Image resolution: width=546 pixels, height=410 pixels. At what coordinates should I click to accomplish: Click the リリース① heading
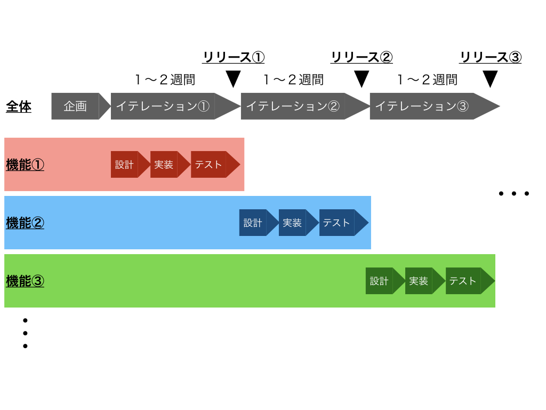tap(233, 57)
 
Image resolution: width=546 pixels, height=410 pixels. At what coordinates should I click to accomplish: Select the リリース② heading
tap(362, 57)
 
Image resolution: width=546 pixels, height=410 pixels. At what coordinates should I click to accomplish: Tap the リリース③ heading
tap(490, 57)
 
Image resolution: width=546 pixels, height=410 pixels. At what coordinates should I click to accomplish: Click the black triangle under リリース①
tap(234, 79)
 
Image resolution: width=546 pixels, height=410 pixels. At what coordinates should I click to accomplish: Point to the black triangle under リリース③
tap(490, 79)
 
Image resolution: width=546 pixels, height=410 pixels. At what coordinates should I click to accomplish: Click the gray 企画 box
tap(75, 106)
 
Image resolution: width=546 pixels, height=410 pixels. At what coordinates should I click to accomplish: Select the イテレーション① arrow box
tap(163, 106)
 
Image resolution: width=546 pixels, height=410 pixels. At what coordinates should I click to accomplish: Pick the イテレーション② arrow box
tap(293, 106)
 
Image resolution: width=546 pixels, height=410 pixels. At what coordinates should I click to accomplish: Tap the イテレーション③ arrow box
tap(422, 106)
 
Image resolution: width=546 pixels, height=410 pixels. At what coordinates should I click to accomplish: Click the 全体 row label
tap(19, 107)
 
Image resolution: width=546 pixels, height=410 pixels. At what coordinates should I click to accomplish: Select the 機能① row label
tap(25, 165)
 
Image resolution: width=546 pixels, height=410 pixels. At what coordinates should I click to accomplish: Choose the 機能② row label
tap(25, 223)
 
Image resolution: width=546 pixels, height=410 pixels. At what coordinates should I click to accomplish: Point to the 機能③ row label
tap(25, 281)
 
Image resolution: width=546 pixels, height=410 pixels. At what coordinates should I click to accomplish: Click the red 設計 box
tap(125, 164)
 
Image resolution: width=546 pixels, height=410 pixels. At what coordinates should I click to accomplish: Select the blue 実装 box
tap(293, 223)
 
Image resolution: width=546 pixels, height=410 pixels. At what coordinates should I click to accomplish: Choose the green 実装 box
tap(419, 281)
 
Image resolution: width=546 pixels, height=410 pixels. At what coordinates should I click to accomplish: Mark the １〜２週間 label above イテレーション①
tap(165, 80)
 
